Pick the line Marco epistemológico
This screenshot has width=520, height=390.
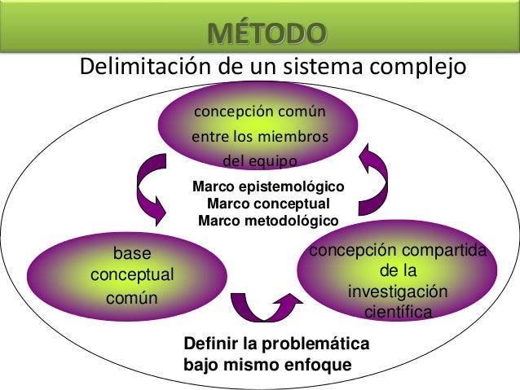click(267, 188)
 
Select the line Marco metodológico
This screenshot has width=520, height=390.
click(268, 220)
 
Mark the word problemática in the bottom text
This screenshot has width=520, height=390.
click(314, 343)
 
